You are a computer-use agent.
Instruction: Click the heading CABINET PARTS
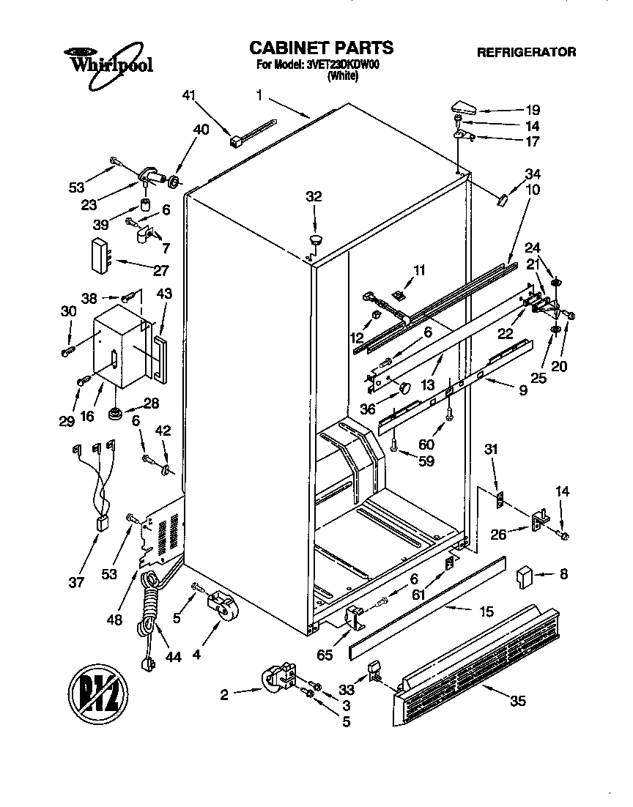click(322, 48)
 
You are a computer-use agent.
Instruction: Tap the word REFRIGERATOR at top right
click(526, 52)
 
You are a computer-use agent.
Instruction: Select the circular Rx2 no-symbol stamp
click(98, 691)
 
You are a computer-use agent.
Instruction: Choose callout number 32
click(314, 196)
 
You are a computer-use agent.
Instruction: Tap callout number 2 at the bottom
click(225, 693)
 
